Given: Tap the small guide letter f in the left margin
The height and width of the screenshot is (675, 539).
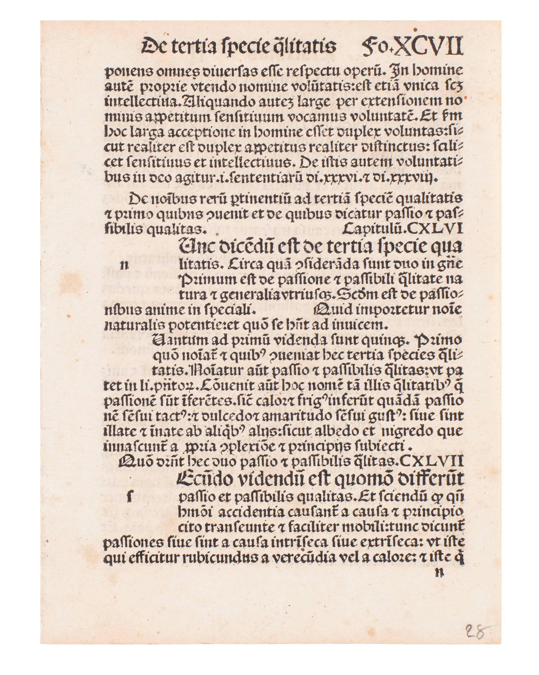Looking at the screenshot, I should pos(128,497).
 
